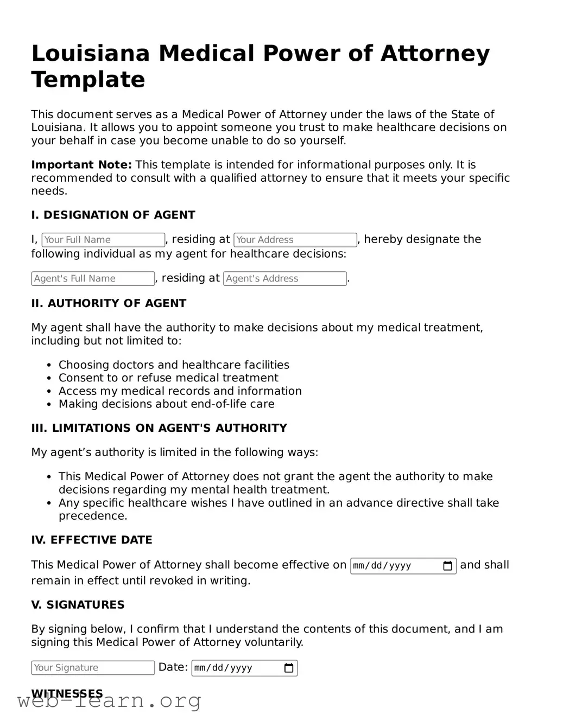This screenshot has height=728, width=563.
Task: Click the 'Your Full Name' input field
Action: pyautogui.click(x=103, y=240)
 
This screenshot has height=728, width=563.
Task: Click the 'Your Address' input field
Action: pyautogui.click(x=295, y=240)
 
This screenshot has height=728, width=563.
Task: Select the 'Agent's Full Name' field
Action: pyautogui.click(x=93, y=278)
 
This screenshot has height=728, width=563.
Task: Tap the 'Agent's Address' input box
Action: pyautogui.click(x=284, y=278)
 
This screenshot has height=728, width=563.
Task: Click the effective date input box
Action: pyautogui.click(x=396, y=566)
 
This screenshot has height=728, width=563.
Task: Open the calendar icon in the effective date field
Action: pyautogui.click(x=448, y=566)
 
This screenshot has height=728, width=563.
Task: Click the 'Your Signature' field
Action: pyautogui.click(x=93, y=668)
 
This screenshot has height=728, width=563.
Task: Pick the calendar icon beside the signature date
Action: pyautogui.click(x=289, y=668)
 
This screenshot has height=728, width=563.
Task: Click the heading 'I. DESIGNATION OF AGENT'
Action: pyautogui.click(x=113, y=215)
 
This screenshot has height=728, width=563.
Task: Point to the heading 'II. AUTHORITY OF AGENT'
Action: pyautogui.click(x=109, y=303)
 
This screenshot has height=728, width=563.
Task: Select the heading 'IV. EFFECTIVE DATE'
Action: pyautogui.click(x=91, y=540)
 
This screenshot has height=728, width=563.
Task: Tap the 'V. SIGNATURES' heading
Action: pyautogui.click(x=78, y=605)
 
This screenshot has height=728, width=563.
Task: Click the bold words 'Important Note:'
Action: pyautogui.click(x=81, y=165)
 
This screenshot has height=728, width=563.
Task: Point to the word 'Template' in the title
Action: pyautogui.click(x=88, y=79)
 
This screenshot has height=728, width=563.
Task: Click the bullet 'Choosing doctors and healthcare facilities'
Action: pyautogui.click(x=174, y=365)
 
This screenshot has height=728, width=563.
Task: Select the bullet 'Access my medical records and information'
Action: pyautogui.click(x=180, y=391)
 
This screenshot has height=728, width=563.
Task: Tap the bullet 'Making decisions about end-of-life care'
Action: pyautogui.click(x=166, y=404)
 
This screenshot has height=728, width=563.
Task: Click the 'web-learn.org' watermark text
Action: pyautogui.click(x=109, y=701)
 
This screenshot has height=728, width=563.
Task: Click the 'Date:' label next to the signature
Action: pyautogui.click(x=173, y=667)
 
